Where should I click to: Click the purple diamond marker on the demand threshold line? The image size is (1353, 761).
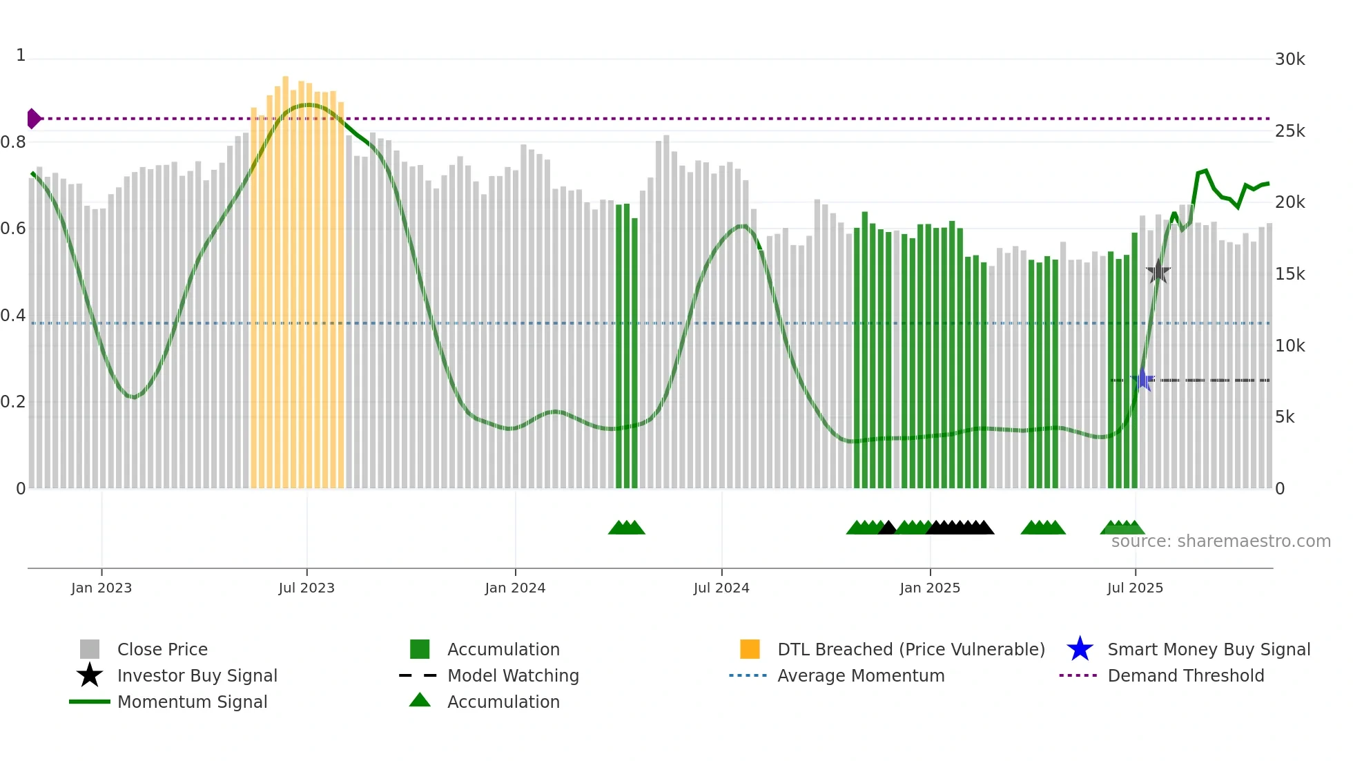pyautogui.click(x=33, y=119)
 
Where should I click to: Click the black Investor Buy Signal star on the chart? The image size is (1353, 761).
pyautogui.click(x=1158, y=272)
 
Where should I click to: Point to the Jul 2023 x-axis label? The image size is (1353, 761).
pyautogui.click(x=306, y=588)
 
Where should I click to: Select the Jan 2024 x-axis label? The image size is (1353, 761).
pyautogui.click(x=515, y=588)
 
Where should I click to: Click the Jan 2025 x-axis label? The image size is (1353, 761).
pyautogui.click(x=930, y=588)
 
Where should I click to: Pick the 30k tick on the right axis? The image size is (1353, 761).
pyautogui.click(x=1289, y=59)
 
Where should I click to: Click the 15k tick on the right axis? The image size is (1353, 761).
pyautogui.click(x=1289, y=274)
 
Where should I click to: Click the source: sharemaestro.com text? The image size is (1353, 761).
pyautogui.click(x=1220, y=541)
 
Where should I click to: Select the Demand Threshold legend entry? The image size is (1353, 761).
pyautogui.click(x=1185, y=675)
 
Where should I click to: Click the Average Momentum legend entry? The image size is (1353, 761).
pyautogui.click(x=860, y=675)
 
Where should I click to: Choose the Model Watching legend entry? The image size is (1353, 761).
pyautogui.click(x=512, y=675)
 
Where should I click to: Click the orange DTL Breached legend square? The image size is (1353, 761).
pyautogui.click(x=750, y=649)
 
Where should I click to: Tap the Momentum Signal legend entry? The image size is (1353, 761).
pyautogui.click(x=192, y=702)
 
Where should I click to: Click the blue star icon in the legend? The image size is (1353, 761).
pyautogui.click(x=1080, y=649)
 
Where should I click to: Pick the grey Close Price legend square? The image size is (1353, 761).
pyautogui.click(x=90, y=649)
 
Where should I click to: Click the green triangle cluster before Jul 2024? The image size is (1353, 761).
pyautogui.click(x=626, y=528)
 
